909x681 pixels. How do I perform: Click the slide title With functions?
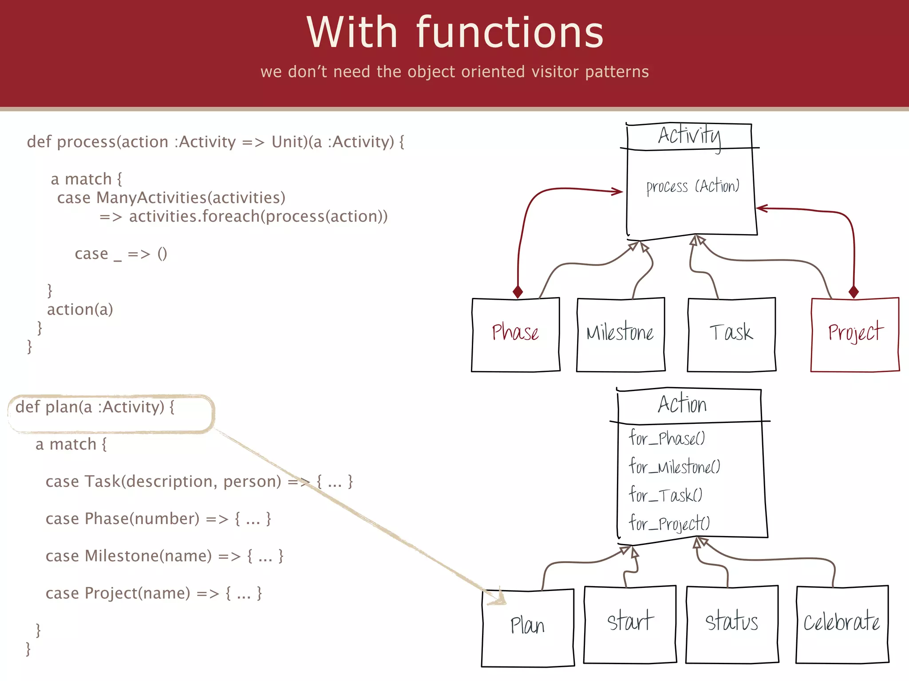coord(454,33)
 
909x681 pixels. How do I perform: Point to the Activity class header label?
coord(689,136)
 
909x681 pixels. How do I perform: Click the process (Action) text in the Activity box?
coord(692,186)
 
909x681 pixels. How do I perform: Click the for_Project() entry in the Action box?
coord(669,524)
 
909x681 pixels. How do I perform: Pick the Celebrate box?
coord(842,622)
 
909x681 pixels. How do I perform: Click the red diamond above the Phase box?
coord(518,292)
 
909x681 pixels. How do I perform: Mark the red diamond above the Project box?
coord(854,292)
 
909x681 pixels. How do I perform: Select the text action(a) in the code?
coord(80,309)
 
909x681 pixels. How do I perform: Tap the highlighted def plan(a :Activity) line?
coord(95,407)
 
